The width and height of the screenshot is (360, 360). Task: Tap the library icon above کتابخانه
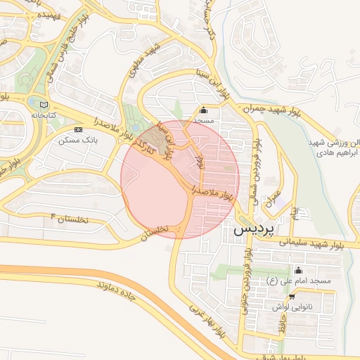tap(44, 104)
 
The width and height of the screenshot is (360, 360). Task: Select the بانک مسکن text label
tap(79, 141)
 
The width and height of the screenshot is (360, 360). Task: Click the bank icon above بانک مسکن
tap(78, 130)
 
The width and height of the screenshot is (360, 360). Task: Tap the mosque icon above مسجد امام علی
tap(298, 271)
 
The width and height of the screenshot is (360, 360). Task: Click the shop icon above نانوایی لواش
tap(292, 297)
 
